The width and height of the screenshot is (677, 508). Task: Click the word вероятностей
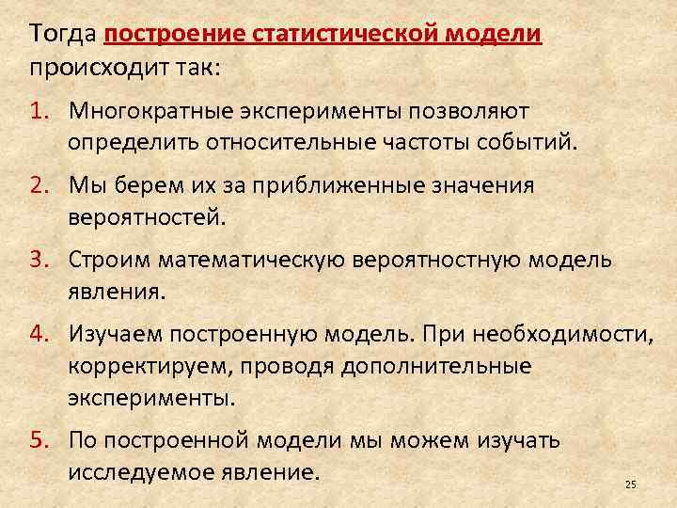[x=146, y=217]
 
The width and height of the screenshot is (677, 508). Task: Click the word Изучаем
[x=118, y=332]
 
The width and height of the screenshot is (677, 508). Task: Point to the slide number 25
[x=630, y=484]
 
